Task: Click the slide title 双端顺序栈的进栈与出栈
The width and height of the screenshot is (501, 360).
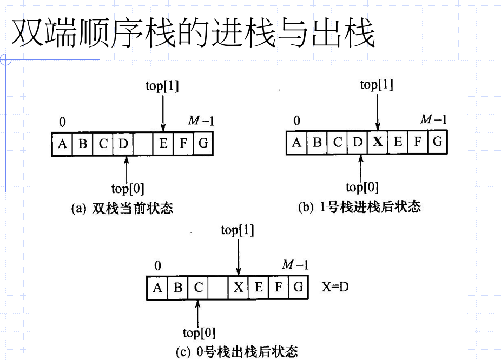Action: tap(193, 34)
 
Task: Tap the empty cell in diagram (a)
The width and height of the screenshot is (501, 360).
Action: tap(143, 144)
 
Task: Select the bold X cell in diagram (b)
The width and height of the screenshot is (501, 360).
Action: tap(377, 143)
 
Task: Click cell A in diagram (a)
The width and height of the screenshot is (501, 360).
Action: tap(63, 144)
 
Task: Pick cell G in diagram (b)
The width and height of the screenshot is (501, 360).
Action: tap(437, 143)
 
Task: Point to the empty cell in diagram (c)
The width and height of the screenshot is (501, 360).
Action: tap(218, 288)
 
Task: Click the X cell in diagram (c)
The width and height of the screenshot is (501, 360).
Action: tap(239, 288)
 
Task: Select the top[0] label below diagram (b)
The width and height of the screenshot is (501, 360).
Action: tap(362, 188)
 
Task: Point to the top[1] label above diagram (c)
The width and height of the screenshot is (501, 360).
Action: tap(238, 230)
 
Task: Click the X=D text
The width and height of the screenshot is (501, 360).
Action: tap(335, 286)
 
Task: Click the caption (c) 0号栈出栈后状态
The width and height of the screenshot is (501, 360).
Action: tap(236, 352)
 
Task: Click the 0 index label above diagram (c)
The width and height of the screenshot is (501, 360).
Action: tap(157, 265)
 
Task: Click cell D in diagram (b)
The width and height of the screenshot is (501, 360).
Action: tap(357, 143)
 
